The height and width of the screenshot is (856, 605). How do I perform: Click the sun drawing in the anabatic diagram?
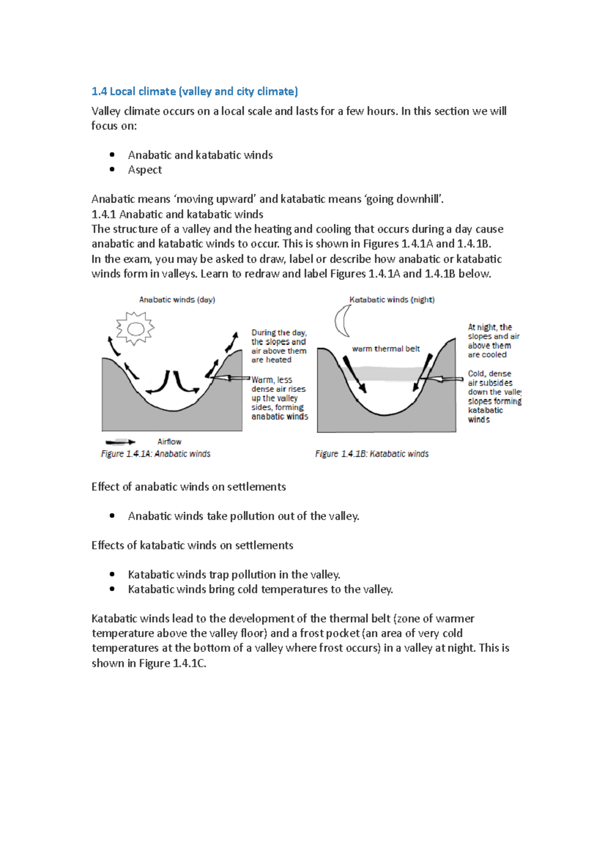(x=135, y=329)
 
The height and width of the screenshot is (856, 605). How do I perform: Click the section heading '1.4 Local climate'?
(x=195, y=91)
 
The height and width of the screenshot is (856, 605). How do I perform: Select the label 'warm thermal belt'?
(x=386, y=349)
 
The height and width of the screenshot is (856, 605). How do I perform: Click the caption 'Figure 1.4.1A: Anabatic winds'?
(x=156, y=454)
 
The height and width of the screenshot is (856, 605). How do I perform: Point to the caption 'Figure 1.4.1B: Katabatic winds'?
(x=372, y=454)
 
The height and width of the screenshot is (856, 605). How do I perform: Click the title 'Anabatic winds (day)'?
(x=177, y=299)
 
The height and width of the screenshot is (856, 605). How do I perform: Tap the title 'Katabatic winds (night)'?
(x=392, y=299)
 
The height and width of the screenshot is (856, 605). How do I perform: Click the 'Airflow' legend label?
(x=169, y=442)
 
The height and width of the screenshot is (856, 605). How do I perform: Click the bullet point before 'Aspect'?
(x=112, y=169)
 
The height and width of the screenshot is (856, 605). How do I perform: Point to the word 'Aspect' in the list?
(x=145, y=170)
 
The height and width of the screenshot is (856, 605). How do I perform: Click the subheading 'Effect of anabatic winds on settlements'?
(x=189, y=486)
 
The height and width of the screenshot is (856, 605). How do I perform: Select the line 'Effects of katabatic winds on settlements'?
(x=192, y=545)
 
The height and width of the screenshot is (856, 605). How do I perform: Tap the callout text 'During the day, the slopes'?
(x=279, y=337)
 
